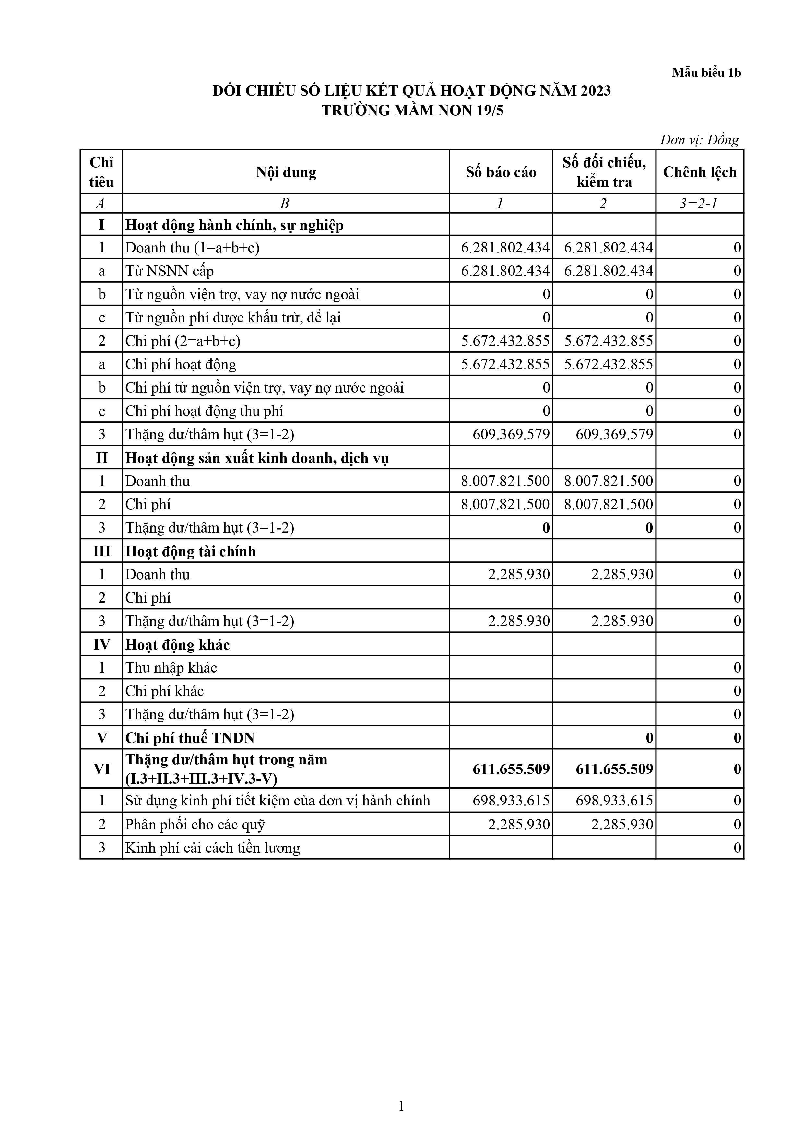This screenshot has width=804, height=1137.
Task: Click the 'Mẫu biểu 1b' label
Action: (x=706, y=73)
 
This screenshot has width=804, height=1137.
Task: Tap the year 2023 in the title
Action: (x=596, y=91)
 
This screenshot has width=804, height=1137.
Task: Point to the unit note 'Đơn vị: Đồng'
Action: (x=699, y=140)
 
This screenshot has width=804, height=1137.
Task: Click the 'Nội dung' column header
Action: (x=286, y=172)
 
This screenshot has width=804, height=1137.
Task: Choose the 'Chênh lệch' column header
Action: (x=700, y=172)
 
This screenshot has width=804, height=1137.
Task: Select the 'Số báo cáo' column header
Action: (x=501, y=172)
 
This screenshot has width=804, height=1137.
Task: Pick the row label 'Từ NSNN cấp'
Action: (x=170, y=271)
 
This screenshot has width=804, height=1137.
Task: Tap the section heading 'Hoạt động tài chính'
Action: (x=191, y=551)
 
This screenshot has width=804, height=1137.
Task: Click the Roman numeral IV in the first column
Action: (x=101, y=645)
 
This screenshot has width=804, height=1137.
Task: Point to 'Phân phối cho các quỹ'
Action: (x=195, y=825)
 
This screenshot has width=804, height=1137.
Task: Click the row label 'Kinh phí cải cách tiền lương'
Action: (x=213, y=848)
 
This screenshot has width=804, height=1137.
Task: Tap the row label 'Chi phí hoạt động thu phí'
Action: (x=204, y=411)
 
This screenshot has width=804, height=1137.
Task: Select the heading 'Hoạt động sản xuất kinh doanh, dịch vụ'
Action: (x=257, y=458)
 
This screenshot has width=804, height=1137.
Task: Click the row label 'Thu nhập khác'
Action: (x=171, y=668)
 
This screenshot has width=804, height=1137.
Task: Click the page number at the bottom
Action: (x=401, y=1106)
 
